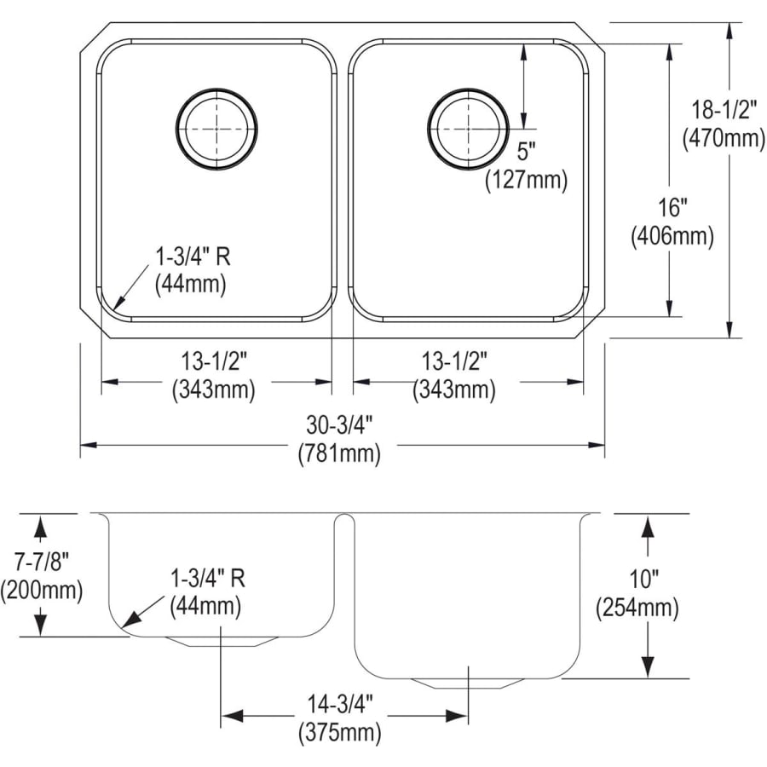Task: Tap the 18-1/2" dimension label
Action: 724,110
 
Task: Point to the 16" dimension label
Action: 672,207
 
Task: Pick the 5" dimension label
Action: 526,152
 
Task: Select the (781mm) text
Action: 338,454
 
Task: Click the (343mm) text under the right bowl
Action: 454,389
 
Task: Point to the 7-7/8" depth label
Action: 41,561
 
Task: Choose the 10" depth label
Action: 645,580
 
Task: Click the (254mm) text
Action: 645,608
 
